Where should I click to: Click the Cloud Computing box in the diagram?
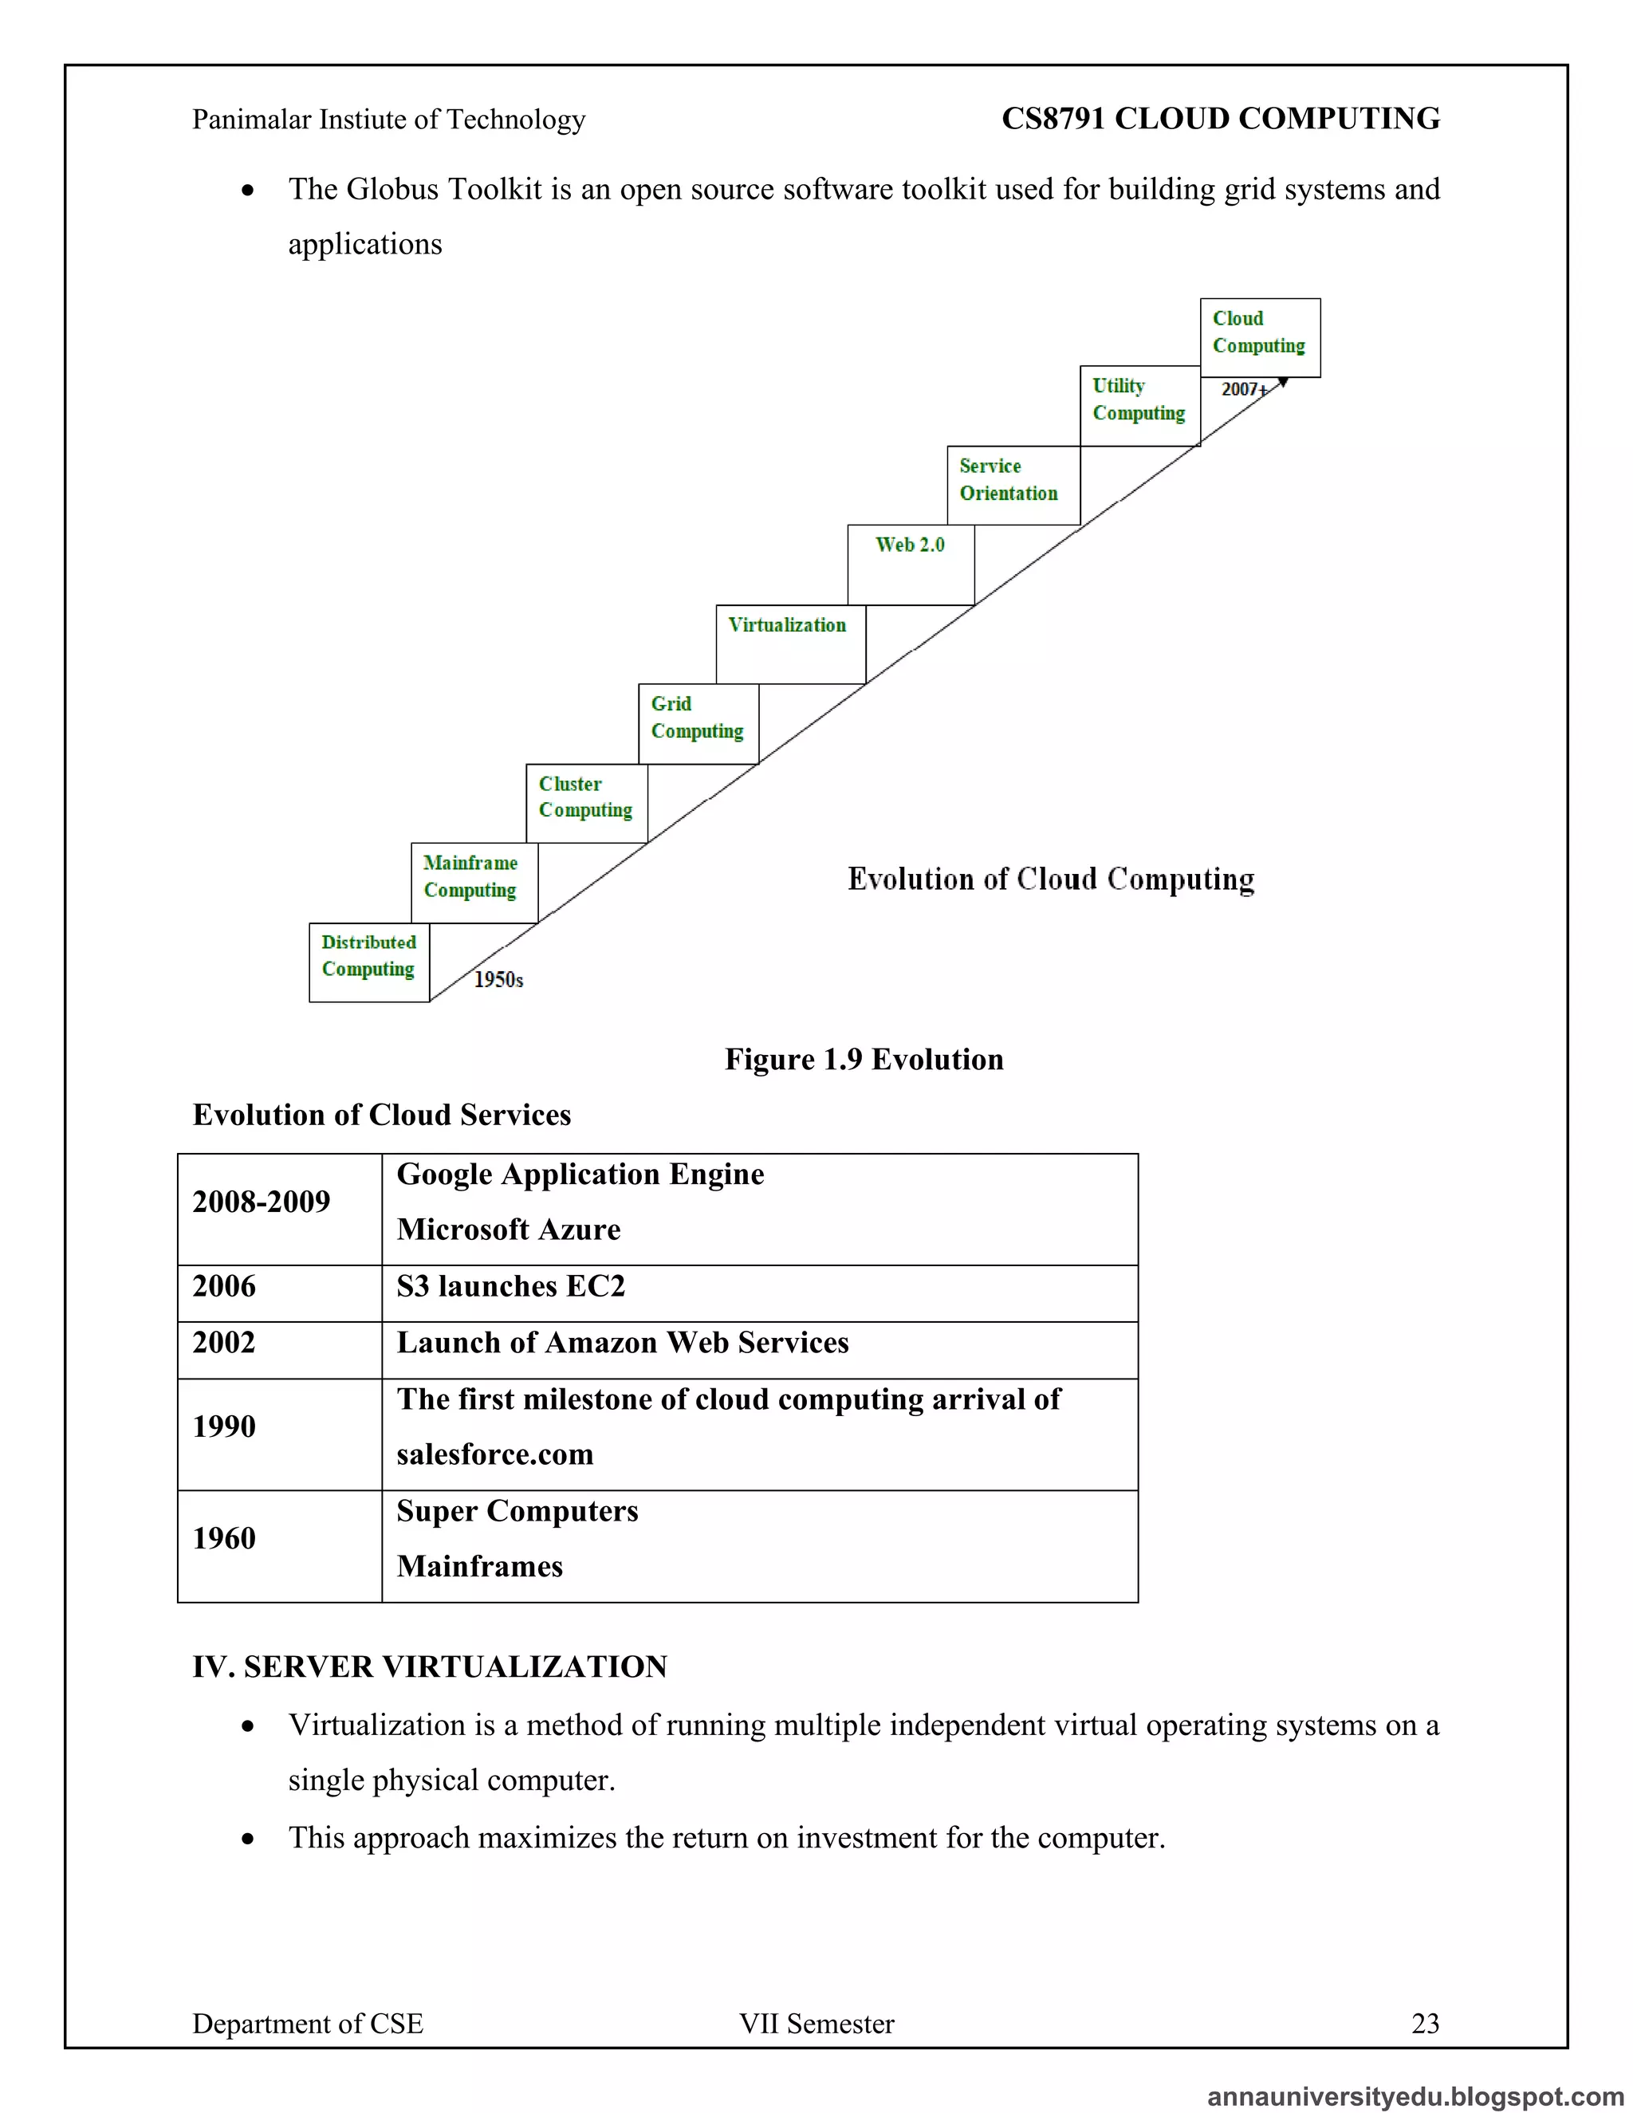(x=1260, y=337)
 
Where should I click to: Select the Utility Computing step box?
(x=1139, y=405)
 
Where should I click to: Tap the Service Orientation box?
(x=1012, y=486)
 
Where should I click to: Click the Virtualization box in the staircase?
(x=789, y=644)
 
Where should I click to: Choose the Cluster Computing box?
(x=586, y=803)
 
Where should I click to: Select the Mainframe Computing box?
(x=473, y=883)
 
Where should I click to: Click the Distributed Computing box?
(x=368, y=962)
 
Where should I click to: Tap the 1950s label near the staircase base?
(x=498, y=980)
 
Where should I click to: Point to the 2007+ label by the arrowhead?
(x=1243, y=389)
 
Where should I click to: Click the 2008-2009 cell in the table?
(x=262, y=1202)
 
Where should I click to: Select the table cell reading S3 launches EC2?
(x=511, y=1287)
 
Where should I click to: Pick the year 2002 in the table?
(x=224, y=1343)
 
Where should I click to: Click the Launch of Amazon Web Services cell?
(x=623, y=1343)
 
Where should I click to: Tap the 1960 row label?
(x=224, y=1538)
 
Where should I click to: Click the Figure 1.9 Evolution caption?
(x=864, y=1060)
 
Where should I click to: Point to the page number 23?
(x=1425, y=2024)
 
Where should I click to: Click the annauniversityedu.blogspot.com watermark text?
(x=1415, y=2096)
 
